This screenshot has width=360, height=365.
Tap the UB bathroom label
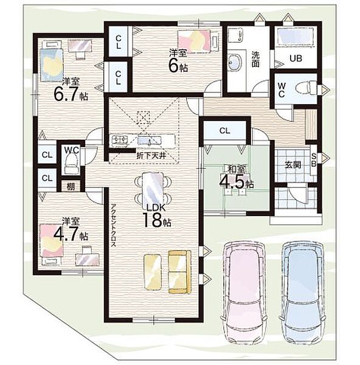click(x=296, y=58)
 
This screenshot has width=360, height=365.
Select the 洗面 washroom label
click(x=255, y=60)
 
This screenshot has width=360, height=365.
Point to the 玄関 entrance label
click(x=292, y=165)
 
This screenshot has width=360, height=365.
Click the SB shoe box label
click(x=314, y=160)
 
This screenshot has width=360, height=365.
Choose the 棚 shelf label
click(x=71, y=187)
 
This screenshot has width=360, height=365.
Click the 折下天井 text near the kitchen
click(x=151, y=156)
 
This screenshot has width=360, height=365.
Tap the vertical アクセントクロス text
click(x=114, y=226)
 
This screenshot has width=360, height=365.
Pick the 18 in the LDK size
click(x=151, y=220)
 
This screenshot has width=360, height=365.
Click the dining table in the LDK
click(x=153, y=188)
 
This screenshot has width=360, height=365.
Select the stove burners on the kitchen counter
click(x=120, y=141)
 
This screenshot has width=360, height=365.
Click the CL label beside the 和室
click(x=224, y=131)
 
